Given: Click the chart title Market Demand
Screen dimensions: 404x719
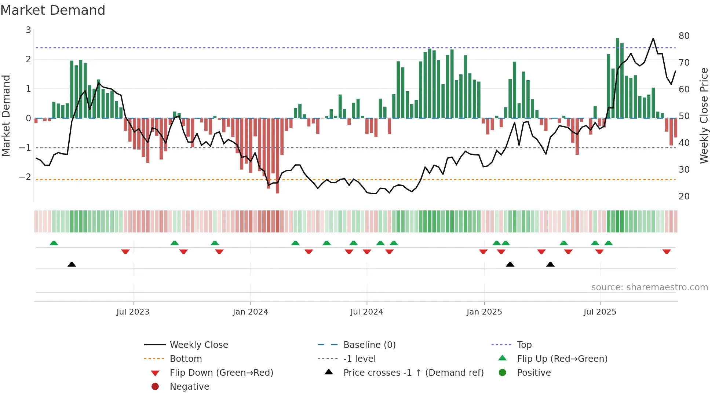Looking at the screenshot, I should [x=53, y=10].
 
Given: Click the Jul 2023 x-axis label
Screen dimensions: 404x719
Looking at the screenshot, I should [x=133, y=312].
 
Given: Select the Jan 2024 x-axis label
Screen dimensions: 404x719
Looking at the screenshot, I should [x=250, y=312].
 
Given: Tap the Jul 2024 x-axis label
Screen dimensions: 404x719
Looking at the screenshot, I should [x=366, y=312].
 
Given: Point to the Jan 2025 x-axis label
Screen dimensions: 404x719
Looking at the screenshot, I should [x=484, y=312].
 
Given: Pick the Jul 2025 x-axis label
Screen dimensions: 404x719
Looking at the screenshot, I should [x=600, y=312].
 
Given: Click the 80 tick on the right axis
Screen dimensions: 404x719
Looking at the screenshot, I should [x=684, y=36].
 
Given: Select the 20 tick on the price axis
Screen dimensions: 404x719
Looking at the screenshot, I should [x=684, y=197].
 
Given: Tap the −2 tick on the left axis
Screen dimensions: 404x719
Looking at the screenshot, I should [x=25, y=177].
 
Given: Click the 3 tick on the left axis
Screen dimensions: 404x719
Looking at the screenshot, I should [x=28, y=30].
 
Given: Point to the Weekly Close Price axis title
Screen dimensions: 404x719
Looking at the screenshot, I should [x=704, y=115].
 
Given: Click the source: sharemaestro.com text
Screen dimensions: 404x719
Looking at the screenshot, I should [x=649, y=287].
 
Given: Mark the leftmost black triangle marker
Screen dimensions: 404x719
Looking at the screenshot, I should [x=72, y=264].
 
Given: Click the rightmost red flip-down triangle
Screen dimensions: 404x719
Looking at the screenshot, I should [x=667, y=251].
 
